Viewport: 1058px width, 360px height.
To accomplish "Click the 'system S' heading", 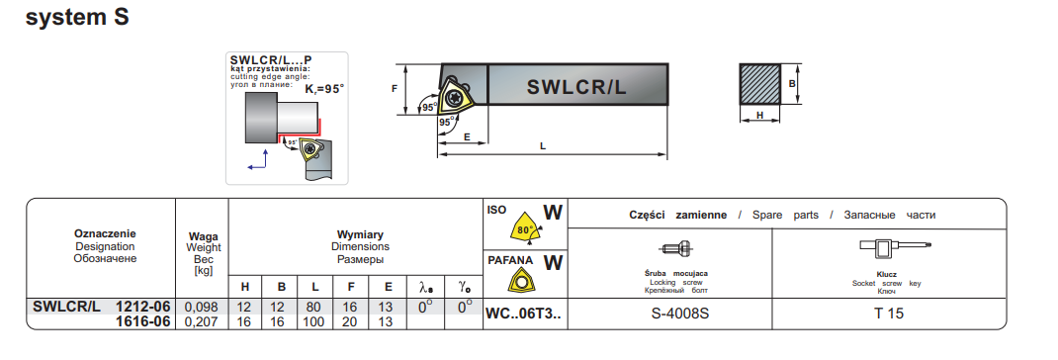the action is pyautogui.click(x=77, y=18).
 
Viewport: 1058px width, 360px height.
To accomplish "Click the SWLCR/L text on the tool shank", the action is pyautogui.click(x=576, y=86).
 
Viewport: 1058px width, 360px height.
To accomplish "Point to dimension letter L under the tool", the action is pyautogui.click(x=543, y=146).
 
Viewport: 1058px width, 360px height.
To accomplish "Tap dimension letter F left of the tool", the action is pyautogui.click(x=396, y=88).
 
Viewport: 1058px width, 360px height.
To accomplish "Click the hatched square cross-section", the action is pyautogui.click(x=759, y=84).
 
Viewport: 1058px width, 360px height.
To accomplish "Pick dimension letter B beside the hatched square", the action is pyautogui.click(x=793, y=84).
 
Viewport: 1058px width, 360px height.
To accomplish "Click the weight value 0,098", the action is pyautogui.click(x=201, y=308).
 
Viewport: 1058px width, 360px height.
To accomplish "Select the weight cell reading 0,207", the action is pyautogui.click(x=201, y=322).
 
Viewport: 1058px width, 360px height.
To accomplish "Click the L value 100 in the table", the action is pyautogui.click(x=313, y=322).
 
